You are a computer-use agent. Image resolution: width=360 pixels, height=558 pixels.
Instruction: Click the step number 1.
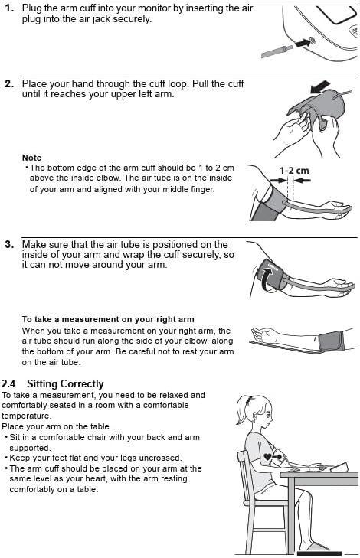click(9, 8)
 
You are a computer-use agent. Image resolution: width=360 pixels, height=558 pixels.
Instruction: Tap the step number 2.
click(9, 84)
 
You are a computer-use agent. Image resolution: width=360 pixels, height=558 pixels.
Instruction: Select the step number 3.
click(9, 245)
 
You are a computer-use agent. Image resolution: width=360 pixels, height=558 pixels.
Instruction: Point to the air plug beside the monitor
click(277, 51)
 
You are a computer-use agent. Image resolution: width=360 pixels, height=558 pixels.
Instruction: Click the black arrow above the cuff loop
click(320, 86)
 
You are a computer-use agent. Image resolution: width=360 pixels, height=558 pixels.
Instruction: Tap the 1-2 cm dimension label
click(294, 171)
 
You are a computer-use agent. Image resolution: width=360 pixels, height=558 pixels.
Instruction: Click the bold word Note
click(31, 158)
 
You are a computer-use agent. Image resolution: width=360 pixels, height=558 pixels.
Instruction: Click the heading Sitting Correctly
click(65, 384)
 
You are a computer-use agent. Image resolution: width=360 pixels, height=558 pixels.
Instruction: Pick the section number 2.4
click(8, 384)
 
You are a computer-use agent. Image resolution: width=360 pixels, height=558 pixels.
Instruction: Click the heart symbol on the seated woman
click(267, 456)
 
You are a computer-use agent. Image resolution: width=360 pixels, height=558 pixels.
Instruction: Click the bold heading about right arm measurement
click(108, 319)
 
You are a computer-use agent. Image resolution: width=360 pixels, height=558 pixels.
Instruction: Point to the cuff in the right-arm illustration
click(331, 341)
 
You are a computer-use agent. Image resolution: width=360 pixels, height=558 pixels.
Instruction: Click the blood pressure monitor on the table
click(339, 467)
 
